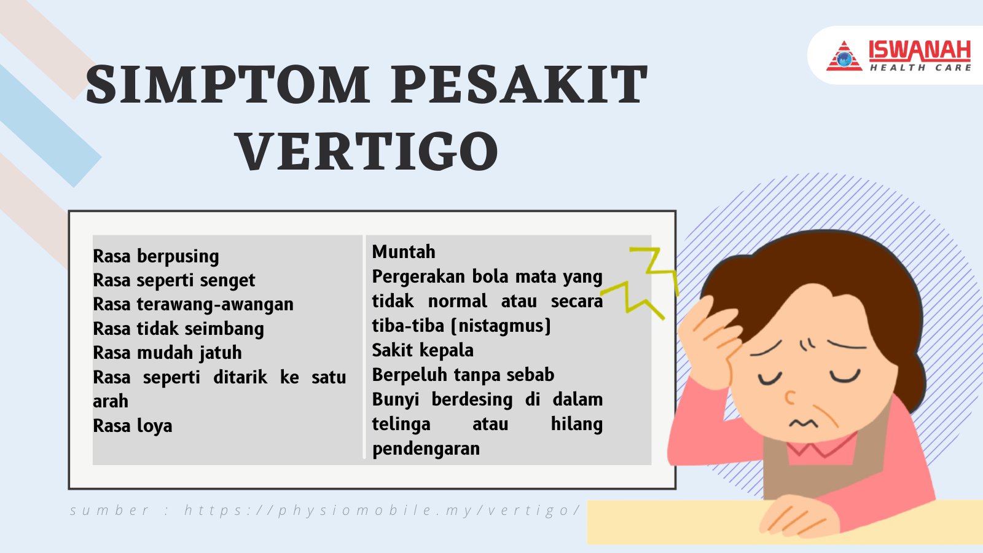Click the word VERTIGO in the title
368,150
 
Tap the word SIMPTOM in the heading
228,84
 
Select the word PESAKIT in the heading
520,84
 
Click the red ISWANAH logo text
920,51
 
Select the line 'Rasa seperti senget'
174,281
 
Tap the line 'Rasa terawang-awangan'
193,305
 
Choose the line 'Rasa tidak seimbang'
178,329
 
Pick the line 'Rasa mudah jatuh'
167,353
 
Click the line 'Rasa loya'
133,426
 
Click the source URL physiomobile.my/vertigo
382,511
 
